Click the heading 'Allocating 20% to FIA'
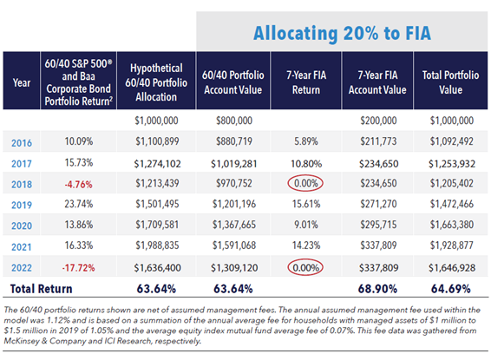(341, 33)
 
